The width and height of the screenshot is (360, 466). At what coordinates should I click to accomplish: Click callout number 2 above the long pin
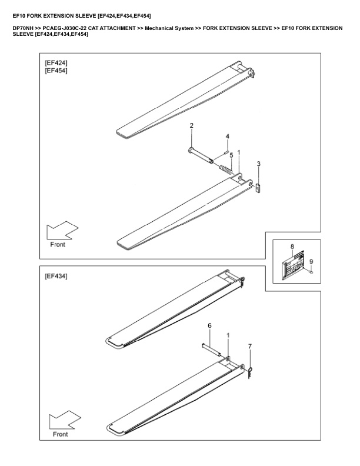pos(192,127)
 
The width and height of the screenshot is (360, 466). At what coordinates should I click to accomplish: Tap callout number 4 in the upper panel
pos(228,137)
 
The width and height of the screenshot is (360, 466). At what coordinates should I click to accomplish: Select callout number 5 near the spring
pos(231,155)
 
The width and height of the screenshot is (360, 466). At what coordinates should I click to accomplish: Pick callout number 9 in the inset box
pos(311,261)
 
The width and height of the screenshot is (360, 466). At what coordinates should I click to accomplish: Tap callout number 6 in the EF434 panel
pos(209,325)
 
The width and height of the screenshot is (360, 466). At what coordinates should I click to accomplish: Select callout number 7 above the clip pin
pos(250,347)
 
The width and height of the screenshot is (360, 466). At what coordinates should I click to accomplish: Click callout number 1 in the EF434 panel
pos(228,334)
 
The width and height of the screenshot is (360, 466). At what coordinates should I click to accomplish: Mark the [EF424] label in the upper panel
pos(56,62)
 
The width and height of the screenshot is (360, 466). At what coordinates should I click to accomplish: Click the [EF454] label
pos(56,71)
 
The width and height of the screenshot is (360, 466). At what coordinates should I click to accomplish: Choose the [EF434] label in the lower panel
pos(56,275)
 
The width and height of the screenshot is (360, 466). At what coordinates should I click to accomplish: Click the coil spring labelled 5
pos(226,170)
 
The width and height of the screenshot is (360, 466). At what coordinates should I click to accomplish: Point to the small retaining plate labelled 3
pos(258,187)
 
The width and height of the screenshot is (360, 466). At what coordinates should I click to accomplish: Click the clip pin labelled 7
pos(251,371)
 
